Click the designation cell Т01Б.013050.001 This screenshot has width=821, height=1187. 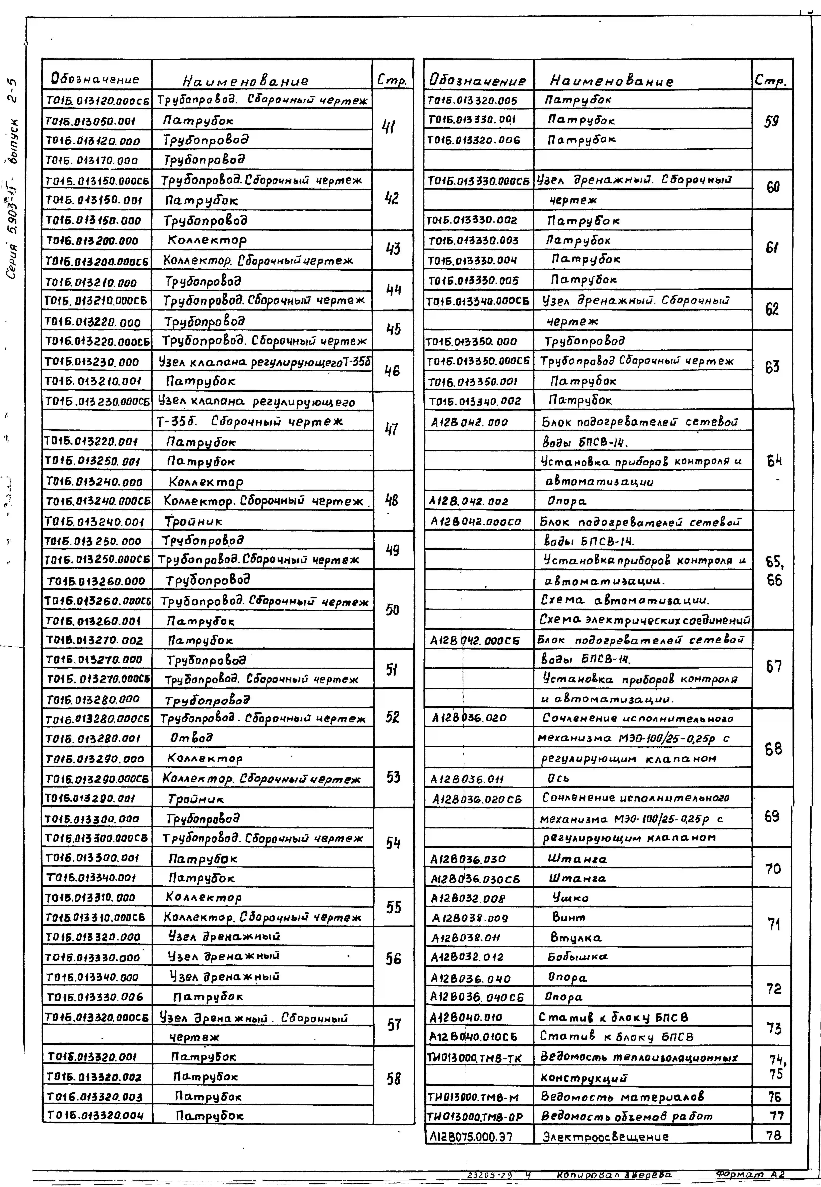pos(91,121)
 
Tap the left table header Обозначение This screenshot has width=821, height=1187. pos(95,79)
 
